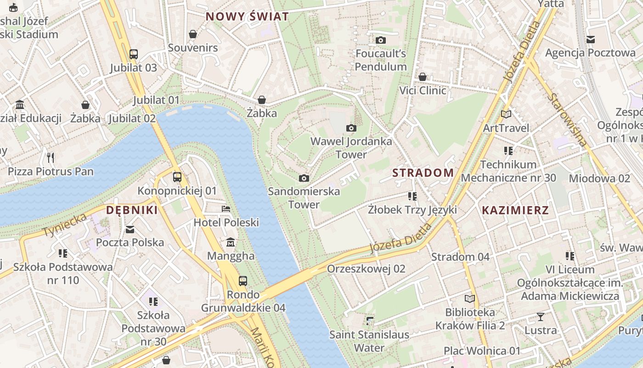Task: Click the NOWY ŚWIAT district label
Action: pyautogui.click(x=247, y=17)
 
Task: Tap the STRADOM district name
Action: pyautogui.click(x=423, y=173)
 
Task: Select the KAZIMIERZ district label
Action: pyautogui.click(x=515, y=211)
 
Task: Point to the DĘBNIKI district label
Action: pyautogui.click(x=132, y=210)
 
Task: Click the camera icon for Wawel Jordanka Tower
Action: pyautogui.click(x=351, y=128)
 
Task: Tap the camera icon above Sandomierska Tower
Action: pyautogui.click(x=304, y=178)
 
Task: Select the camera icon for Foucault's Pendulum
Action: pyautogui.click(x=381, y=40)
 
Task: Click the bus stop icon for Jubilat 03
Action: pyautogui.click(x=133, y=54)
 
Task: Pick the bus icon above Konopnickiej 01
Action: pyautogui.click(x=177, y=177)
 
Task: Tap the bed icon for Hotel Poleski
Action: pyautogui.click(x=226, y=209)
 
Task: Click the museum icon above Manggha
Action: pyautogui.click(x=231, y=242)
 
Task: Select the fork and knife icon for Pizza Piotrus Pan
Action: pyautogui.click(x=51, y=158)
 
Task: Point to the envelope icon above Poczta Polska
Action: pyautogui.click(x=130, y=229)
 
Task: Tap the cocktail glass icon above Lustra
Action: pyautogui.click(x=541, y=316)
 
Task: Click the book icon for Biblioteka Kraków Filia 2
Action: pyautogui.click(x=470, y=299)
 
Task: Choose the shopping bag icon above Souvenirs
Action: pyautogui.click(x=193, y=34)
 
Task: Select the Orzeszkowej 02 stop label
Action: pyautogui.click(x=366, y=269)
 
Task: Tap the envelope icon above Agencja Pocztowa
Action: pyautogui.click(x=590, y=40)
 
